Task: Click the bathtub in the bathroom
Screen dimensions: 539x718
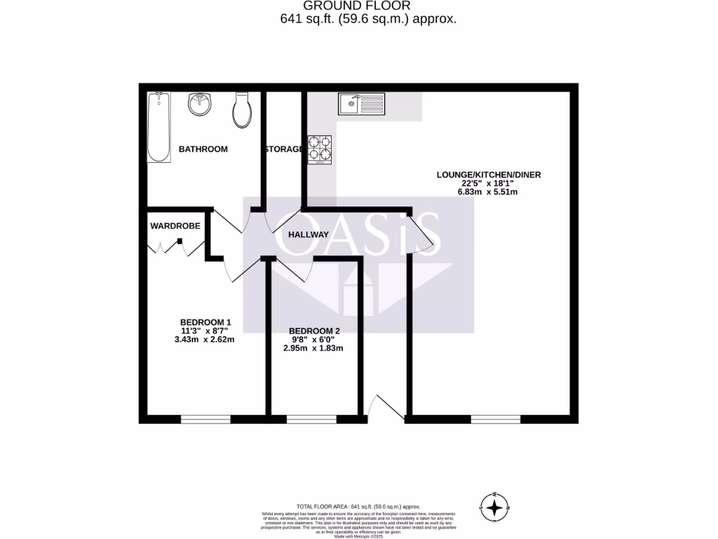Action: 159,127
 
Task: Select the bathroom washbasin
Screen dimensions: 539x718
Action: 200,105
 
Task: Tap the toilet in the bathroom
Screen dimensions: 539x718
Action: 243,110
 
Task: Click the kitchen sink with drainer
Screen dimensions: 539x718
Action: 361,104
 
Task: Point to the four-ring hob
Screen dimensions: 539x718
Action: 320,149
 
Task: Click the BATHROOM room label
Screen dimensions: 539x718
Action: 203,149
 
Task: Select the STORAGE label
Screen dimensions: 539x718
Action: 283,149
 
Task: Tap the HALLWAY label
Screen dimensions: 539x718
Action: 309,234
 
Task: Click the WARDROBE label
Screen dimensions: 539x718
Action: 175,226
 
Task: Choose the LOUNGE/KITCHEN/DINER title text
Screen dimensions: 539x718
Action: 489,175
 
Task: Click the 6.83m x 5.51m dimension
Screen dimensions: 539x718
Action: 489,192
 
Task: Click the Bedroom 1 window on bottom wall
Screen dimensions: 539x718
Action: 205,420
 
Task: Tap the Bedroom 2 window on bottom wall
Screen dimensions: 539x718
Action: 311,420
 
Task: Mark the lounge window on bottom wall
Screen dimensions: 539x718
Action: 495,420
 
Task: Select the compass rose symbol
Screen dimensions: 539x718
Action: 495,507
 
